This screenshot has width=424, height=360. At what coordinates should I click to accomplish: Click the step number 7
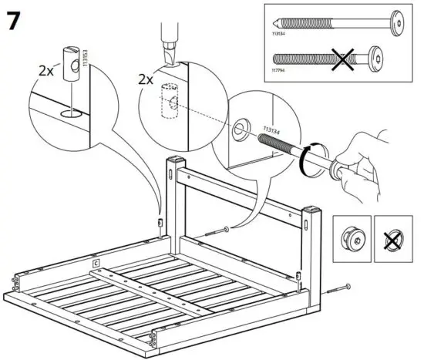[15, 20]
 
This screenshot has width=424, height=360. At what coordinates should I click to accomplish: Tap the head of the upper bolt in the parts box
[399, 23]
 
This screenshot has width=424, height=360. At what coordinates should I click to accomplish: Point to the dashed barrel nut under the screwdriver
[170, 105]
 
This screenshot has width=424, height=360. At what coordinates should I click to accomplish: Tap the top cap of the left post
[176, 160]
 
